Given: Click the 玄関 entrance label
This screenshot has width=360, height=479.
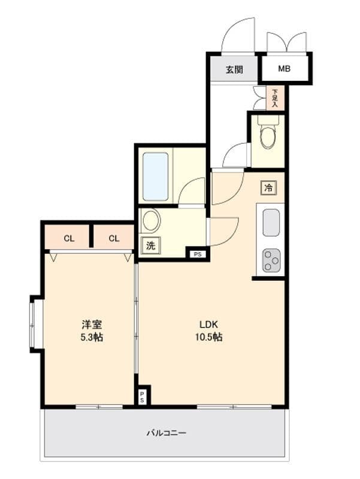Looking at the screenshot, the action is click(234, 69).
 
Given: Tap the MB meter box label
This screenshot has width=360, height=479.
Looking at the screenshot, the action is click(284, 69).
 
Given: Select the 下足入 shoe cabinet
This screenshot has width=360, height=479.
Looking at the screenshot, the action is click(275, 98).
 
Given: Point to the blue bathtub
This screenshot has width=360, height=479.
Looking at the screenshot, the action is click(156, 177).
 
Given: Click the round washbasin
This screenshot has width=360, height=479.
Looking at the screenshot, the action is click(152, 220).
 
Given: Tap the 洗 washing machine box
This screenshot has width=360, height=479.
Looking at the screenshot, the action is click(151, 245).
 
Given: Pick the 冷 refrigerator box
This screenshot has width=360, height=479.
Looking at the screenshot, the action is click(268, 187).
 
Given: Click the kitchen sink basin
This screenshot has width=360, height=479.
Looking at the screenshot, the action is click(271, 223).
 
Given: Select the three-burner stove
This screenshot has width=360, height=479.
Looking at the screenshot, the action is click(271, 260).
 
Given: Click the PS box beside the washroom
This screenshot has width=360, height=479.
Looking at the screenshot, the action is click(198, 254).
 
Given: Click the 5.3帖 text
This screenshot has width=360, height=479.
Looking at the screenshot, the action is click(92, 337).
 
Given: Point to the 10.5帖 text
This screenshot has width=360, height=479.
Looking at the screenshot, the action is click(208, 337).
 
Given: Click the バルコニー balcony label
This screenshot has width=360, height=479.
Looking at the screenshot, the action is click(167, 433).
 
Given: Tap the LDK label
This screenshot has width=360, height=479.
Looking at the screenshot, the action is click(208, 324).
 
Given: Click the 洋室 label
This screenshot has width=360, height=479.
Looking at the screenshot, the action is click(92, 324).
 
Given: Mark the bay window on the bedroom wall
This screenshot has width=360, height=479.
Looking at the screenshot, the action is click(32, 324).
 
